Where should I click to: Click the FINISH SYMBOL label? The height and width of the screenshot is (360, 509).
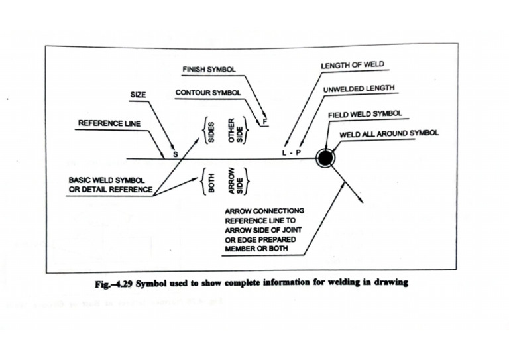(209, 69)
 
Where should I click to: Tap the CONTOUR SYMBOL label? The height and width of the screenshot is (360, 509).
(207, 93)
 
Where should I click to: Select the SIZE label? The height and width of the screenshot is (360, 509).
(138, 94)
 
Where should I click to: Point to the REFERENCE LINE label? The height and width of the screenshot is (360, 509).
(109, 123)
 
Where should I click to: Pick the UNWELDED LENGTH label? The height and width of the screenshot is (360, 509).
(359, 88)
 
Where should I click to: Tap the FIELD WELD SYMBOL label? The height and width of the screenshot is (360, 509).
(365, 114)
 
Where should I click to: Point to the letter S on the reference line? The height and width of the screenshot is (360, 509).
(176, 154)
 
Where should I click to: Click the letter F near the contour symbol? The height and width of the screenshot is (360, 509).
(265, 121)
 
